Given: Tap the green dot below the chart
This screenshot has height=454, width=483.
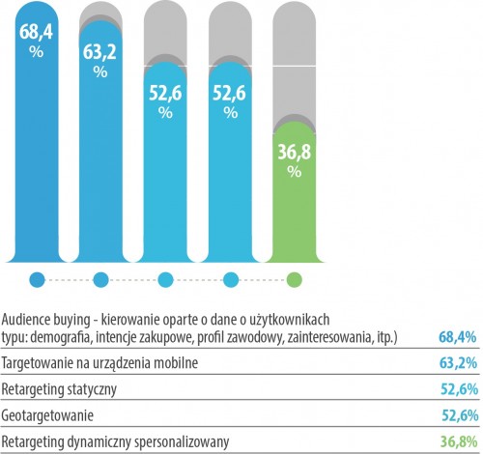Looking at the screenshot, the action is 295,279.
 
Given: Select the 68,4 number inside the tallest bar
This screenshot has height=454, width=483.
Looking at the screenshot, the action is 36,32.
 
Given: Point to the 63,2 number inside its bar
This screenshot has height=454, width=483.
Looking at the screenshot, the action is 99,52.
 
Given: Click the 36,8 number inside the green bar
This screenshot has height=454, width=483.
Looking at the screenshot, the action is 295,152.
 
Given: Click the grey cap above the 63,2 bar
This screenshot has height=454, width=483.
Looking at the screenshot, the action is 100,18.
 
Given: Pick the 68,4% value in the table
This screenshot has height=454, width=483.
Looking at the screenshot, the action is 457,337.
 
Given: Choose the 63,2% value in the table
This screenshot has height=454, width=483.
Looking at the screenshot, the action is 458,363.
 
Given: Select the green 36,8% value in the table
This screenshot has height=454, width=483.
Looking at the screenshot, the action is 459,441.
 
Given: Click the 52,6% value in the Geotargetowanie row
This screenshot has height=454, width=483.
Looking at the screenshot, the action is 460,415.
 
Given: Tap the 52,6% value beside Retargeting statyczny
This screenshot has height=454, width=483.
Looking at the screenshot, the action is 459,389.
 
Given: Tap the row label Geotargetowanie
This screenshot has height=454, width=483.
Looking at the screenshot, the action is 47,415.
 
